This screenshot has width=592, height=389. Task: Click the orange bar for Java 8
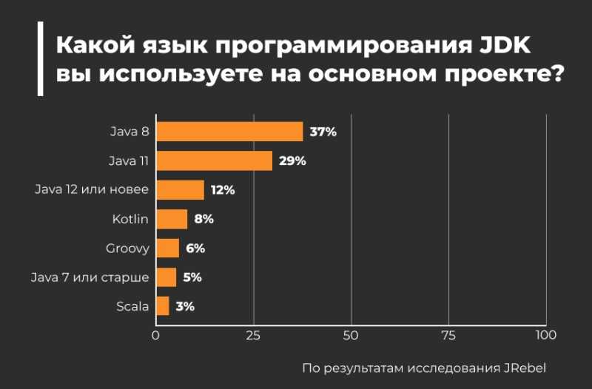pos(229,132)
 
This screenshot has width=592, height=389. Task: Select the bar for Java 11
pos(214,160)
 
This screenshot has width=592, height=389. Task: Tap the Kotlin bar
pos(172,219)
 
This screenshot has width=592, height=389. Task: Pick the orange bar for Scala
pos(163,306)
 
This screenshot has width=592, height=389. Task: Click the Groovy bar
pos(167,248)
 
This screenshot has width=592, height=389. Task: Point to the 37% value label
pos(323,132)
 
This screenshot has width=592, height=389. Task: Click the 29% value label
pos(292,160)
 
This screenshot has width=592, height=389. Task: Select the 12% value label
pos(223,190)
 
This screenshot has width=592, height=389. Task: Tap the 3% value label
pos(185,306)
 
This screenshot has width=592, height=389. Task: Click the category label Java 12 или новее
pos(92,190)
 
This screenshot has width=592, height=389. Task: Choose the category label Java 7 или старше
pos(90,277)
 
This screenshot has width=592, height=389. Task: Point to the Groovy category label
pos(127,248)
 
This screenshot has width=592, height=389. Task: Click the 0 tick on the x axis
pos(155,335)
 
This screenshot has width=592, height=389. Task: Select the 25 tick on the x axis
pos(253,335)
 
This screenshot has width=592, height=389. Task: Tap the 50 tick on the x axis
pos(351,335)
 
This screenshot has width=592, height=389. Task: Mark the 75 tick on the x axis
pos(448,335)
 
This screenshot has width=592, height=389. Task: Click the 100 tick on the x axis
pos(545,335)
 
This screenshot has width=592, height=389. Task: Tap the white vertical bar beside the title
pos(40,58)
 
